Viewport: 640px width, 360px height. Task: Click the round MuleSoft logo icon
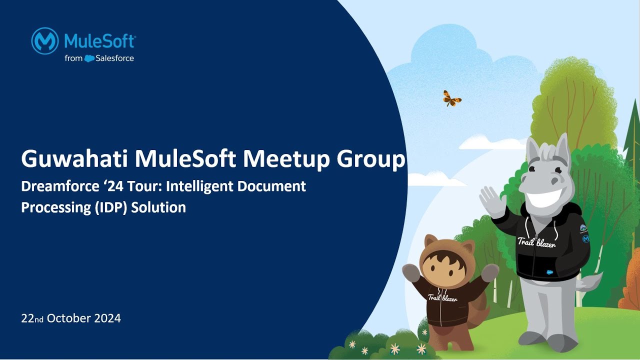click(45, 40)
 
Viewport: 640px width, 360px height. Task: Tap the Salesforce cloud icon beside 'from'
click(89, 58)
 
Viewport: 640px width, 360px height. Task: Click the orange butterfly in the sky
click(451, 98)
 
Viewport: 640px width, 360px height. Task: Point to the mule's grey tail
click(590, 283)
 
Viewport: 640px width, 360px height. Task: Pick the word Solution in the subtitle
click(158, 207)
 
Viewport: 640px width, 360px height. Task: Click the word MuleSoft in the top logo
click(100, 40)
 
